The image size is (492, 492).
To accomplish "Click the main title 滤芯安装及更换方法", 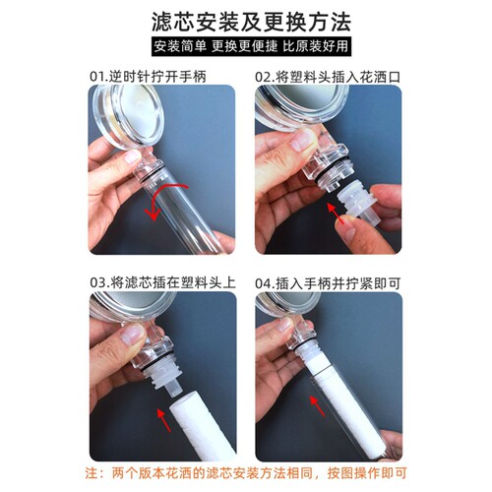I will [245, 19].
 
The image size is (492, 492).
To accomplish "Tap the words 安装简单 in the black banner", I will [179, 46].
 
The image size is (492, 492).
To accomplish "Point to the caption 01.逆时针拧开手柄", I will [149, 75].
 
